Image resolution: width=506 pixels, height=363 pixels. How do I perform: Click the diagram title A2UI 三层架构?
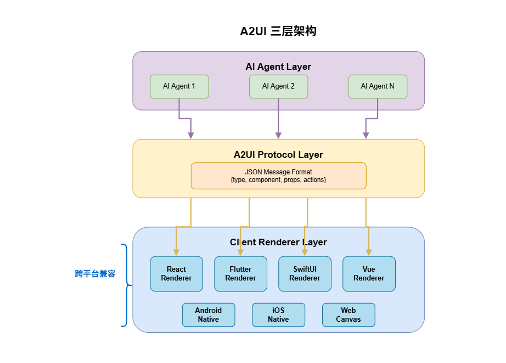coord(278,31)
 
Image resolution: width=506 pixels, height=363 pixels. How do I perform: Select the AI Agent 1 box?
coord(179,86)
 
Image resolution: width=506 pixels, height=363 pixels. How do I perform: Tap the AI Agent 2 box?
coord(278,86)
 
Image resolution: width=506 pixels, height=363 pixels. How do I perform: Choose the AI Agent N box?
coord(378,86)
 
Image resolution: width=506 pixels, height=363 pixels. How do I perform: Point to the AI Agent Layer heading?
coord(278,67)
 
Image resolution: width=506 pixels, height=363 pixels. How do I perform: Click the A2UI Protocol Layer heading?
coord(278,155)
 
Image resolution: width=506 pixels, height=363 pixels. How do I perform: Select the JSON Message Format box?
coord(278,176)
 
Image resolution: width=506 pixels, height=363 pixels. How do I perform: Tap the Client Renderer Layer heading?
coord(278,242)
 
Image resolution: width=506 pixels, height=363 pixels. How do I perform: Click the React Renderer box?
coord(176,274)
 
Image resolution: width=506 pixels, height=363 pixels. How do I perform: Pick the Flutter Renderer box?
coord(240,274)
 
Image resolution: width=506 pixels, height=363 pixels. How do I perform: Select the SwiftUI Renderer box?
coord(305,274)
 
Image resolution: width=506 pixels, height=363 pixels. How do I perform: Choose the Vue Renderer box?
coord(369,274)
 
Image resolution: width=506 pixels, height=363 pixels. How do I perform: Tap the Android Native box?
coord(209,315)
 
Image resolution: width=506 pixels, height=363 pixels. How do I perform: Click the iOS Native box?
coord(278,315)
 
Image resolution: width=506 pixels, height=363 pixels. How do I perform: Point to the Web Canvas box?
coord(348,315)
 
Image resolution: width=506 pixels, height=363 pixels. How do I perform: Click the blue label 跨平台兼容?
coord(95,274)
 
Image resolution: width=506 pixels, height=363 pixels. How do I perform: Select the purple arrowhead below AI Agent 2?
coord(278,135)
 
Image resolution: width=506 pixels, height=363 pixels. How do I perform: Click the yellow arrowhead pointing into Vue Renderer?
coord(369,252)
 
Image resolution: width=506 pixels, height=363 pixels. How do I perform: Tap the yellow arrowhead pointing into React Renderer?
coord(176,252)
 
